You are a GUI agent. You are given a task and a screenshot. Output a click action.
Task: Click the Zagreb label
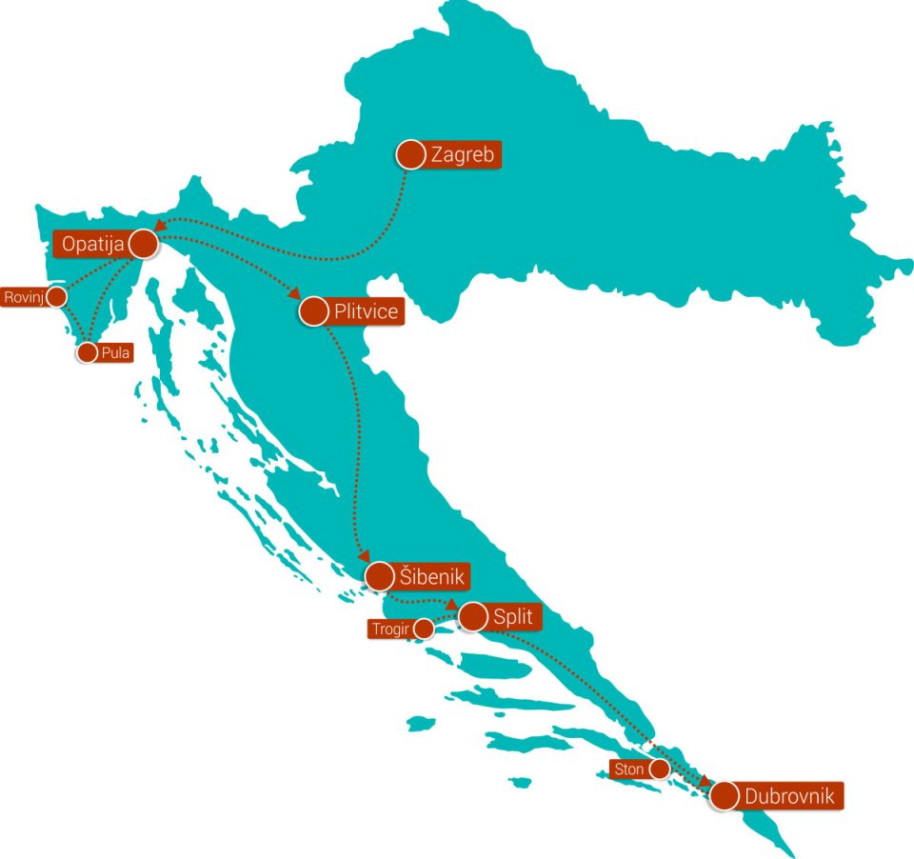[463, 155]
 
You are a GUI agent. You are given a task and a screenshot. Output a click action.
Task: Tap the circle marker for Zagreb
[410, 154]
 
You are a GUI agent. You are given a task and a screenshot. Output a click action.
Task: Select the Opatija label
[93, 245]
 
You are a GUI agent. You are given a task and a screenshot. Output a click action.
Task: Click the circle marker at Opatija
[143, 245]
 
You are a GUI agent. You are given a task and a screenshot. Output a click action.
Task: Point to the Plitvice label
[366, 310]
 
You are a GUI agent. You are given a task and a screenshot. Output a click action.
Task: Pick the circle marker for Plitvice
[313, 310]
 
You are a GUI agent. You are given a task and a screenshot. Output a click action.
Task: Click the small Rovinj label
[24, 297]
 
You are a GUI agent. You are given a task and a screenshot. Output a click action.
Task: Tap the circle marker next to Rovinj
[57, 297]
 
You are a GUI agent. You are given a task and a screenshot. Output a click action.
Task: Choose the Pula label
[115, 352]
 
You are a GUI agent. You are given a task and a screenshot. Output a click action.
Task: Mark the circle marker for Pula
[87, 352]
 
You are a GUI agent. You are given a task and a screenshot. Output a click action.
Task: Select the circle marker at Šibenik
[379, 576]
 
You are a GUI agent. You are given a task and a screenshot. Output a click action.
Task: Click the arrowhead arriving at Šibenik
[363, 557]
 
